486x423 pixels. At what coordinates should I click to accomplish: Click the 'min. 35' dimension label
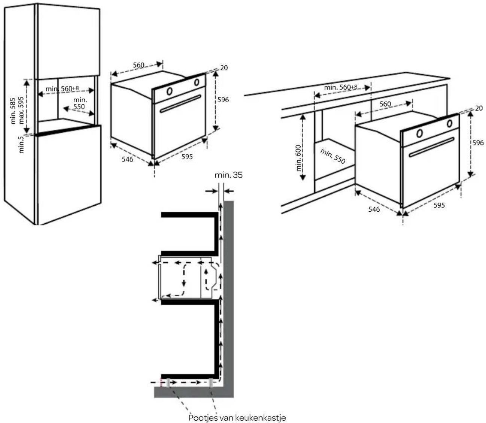[x=228, y=175]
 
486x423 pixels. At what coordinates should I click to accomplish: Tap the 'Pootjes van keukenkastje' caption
[x=237, y=417]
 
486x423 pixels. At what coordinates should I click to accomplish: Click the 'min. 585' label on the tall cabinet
[x=13, y=111]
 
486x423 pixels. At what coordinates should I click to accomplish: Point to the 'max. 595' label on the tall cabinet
[x=21, y=111]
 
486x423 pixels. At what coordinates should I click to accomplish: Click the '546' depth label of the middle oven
[x=128, y=159]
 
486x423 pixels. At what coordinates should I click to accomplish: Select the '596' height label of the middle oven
[x=223, y=100]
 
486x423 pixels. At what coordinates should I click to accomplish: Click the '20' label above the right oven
[x=479, y=108]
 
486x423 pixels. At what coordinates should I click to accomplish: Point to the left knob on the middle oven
[x=169, y=91]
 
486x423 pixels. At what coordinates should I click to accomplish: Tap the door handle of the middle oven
[x=180, y=103]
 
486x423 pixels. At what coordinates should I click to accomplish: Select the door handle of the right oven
[x=431, y=147]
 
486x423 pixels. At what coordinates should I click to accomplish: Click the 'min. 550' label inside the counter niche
[x=332, y=156]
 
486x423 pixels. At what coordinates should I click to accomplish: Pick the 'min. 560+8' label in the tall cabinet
[x=62, y=89]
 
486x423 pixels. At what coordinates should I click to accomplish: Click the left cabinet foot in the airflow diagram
[x=168, y=383]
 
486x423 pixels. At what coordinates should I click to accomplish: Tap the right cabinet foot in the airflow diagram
[x=211, y=383]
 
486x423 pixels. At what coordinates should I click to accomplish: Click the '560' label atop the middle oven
[x=139, y=65]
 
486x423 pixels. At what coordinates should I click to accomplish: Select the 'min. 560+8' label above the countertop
[x=341, y=87]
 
